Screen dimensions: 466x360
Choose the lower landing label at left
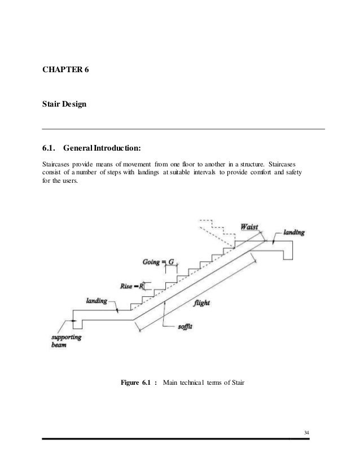(96, 301)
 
